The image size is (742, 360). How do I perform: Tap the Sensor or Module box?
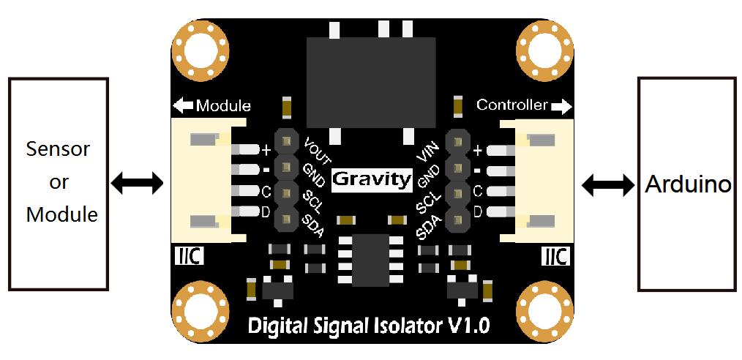pos(59,183)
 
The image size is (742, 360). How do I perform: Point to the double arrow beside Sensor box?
pos(137,183)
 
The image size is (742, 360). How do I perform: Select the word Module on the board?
pos(222,106)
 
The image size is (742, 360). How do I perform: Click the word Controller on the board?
pos(512,105)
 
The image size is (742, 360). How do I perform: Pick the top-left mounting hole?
pos(201,50)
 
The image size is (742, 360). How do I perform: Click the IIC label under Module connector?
pos(190,258)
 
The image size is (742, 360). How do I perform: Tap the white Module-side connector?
pos(198,179)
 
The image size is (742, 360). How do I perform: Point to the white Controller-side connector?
pos(544,179)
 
